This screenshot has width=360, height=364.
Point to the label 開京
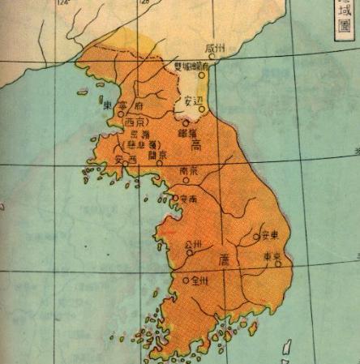pos(147,153)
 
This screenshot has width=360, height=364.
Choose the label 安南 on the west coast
pos(189,199)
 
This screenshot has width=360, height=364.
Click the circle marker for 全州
pos(186,281)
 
